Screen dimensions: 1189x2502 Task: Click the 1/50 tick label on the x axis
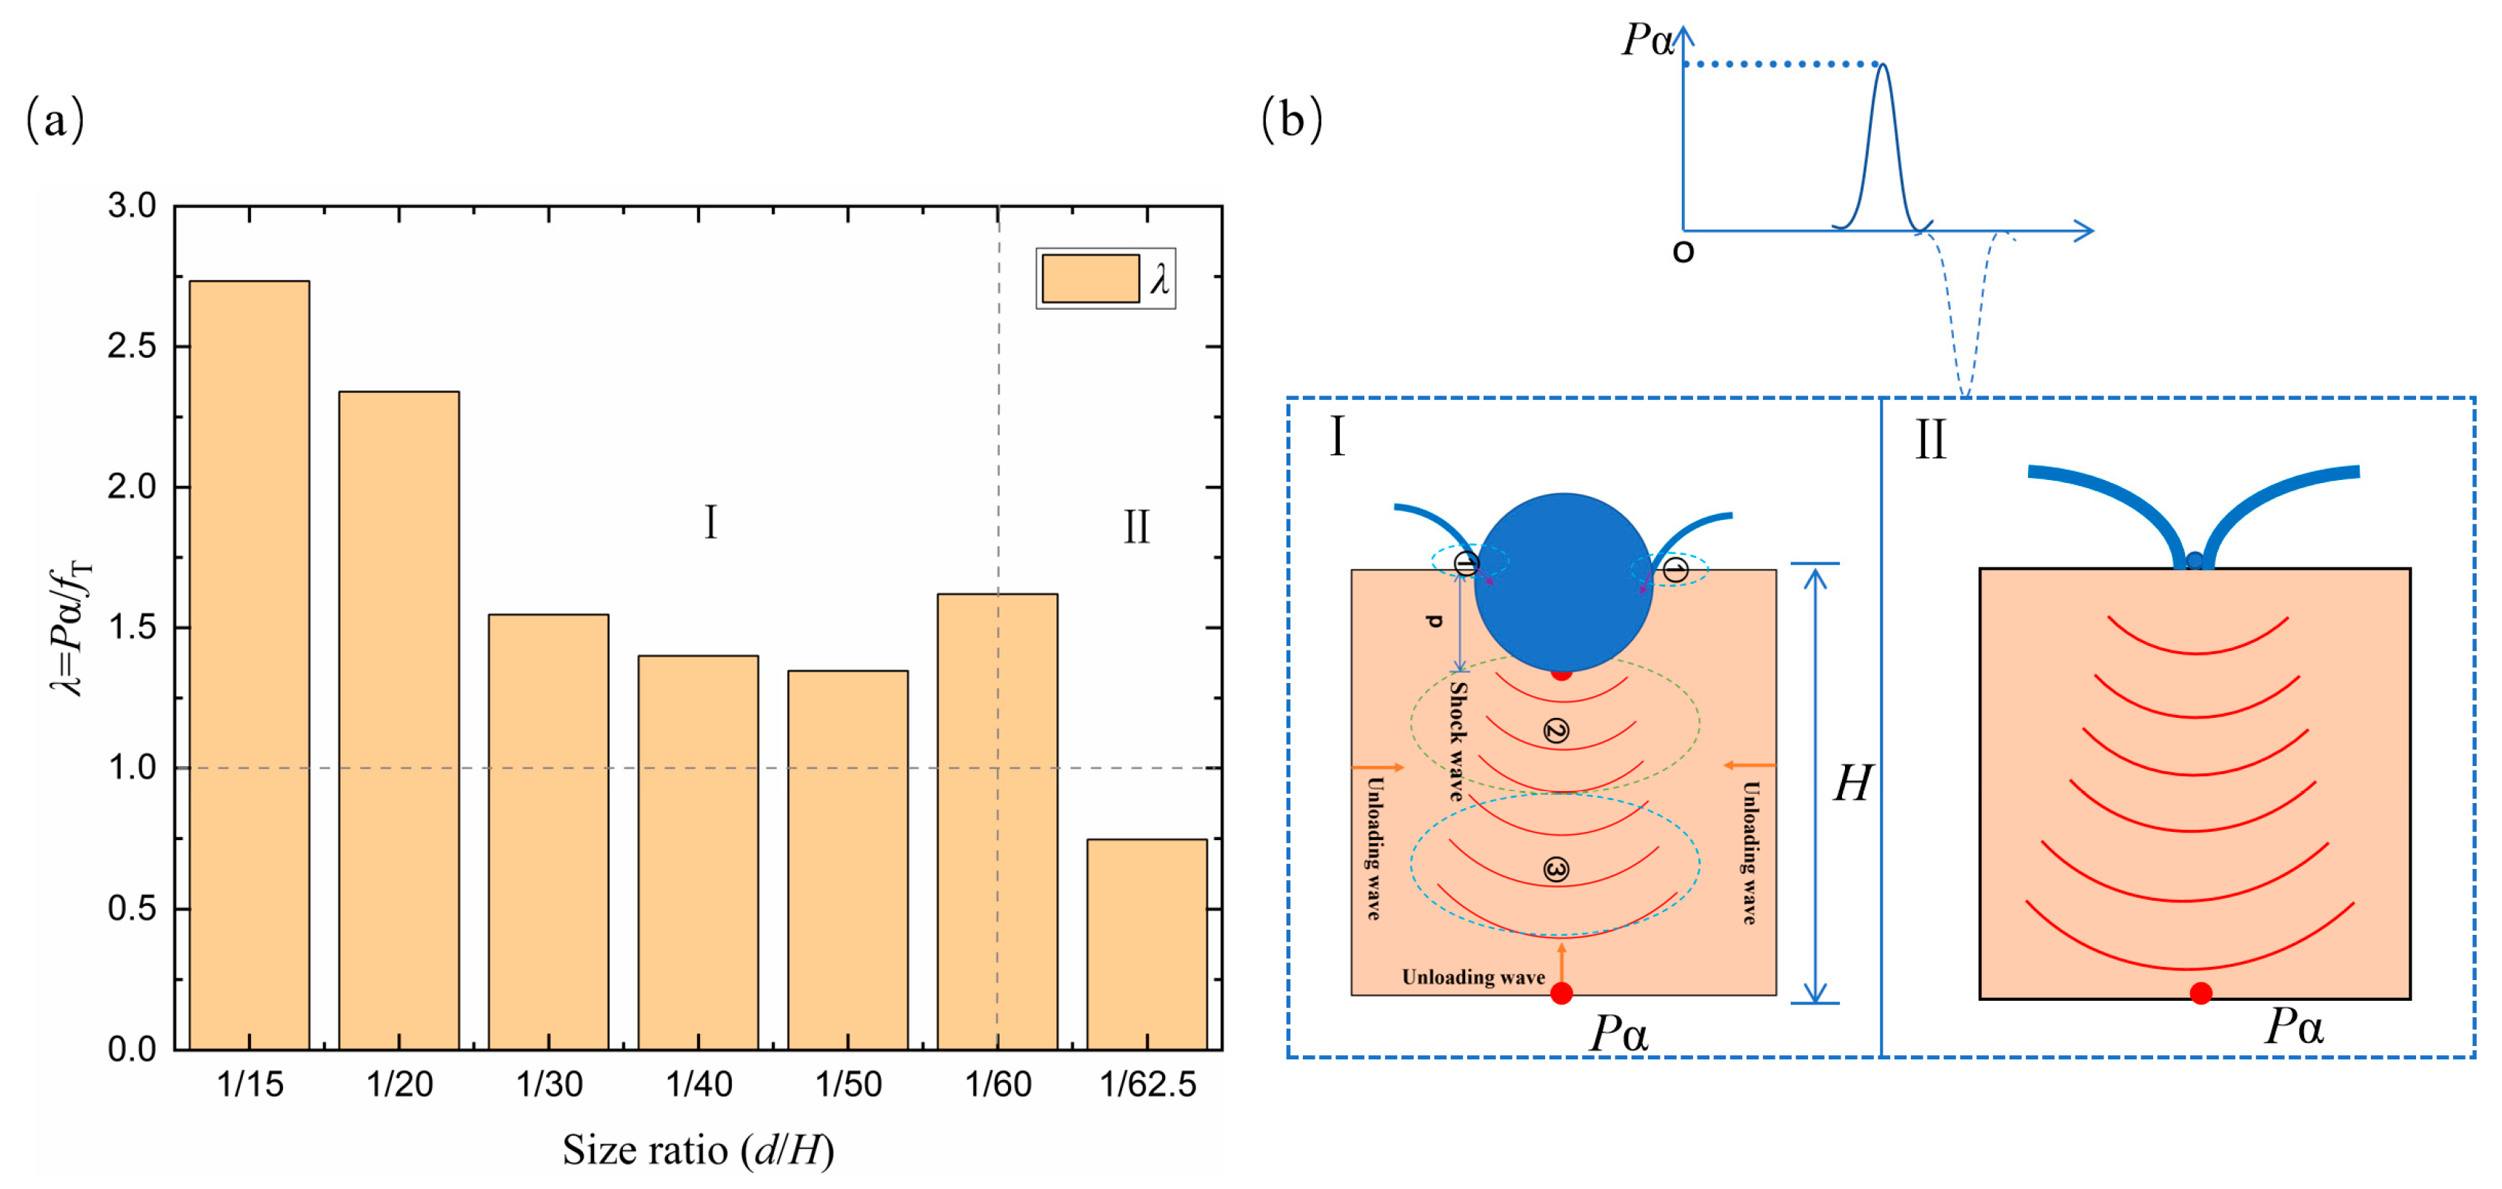848,1084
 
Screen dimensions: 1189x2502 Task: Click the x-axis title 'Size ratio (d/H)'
698,1151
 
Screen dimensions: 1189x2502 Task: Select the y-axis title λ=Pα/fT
70,627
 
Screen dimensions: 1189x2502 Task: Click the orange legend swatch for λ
1090,279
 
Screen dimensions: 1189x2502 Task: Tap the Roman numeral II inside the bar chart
1136,527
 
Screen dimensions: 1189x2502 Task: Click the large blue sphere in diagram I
1563,583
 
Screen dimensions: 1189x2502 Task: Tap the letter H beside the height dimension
1852,784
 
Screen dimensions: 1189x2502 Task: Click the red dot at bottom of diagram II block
2201,993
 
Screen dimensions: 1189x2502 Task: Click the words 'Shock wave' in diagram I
1457,740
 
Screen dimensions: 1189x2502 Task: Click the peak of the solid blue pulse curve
1882,66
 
